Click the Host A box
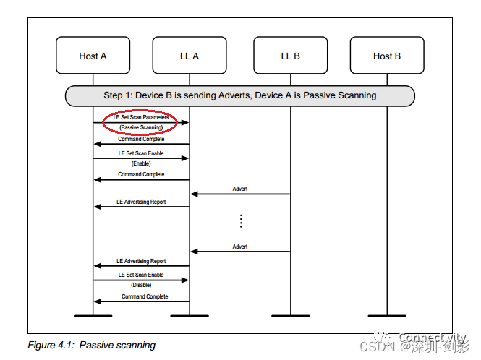coord(93,56)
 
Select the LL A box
coord(189,56)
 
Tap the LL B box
coord(290,56)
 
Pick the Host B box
coord(387,56)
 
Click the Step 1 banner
coord(239,95)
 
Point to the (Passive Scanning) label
coord(141,127)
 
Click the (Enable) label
coord(141,163)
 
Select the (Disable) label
coord(141,285)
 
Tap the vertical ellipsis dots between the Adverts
coord(241,221)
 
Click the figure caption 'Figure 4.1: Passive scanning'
coord(91,345)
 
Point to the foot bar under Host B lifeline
coord(387,316)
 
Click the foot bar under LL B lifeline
coord(290,316)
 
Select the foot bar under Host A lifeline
coord(93,316)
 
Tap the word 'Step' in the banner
coord(113,95)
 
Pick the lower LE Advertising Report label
coord(141,261)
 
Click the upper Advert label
coord(240,189)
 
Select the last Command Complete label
coord(145,296)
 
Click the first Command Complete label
coord(141,139)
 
